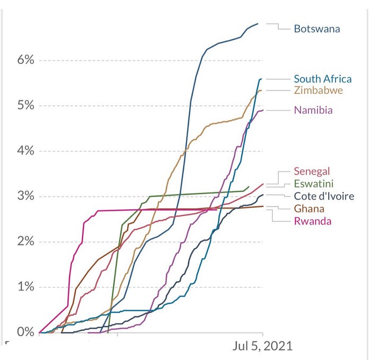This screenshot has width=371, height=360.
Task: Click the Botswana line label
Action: click(x=317, y=29)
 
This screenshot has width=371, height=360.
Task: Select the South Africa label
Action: click(x=323, y=79)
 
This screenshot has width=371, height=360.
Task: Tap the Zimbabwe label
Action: click(x=319, y=91)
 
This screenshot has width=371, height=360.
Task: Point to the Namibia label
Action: click(x=313, y=110)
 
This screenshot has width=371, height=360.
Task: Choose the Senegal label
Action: click(x=312, y=171)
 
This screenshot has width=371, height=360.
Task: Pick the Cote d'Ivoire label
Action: click(x=324, y=196)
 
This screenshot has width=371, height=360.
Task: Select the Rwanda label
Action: click(x=313, y=221)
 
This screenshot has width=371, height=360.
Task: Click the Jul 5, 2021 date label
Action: click(x=262, y=346)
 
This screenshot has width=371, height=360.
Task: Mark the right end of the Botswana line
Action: click(x=258, y=23)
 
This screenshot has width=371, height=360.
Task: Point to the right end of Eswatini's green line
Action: click(x=249, y=186)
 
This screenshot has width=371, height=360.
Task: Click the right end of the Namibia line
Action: click(x=263, y=110)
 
